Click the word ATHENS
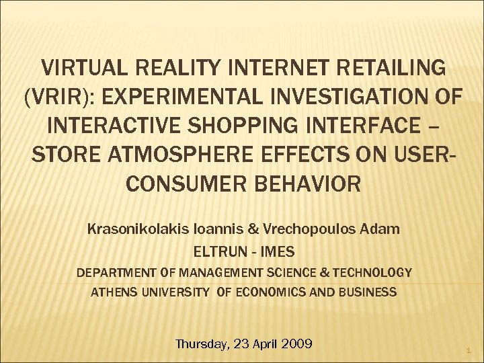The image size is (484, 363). tap(112, 292)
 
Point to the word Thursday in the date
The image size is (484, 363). tap(200, 344)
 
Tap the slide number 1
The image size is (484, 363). tap(469, 351)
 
